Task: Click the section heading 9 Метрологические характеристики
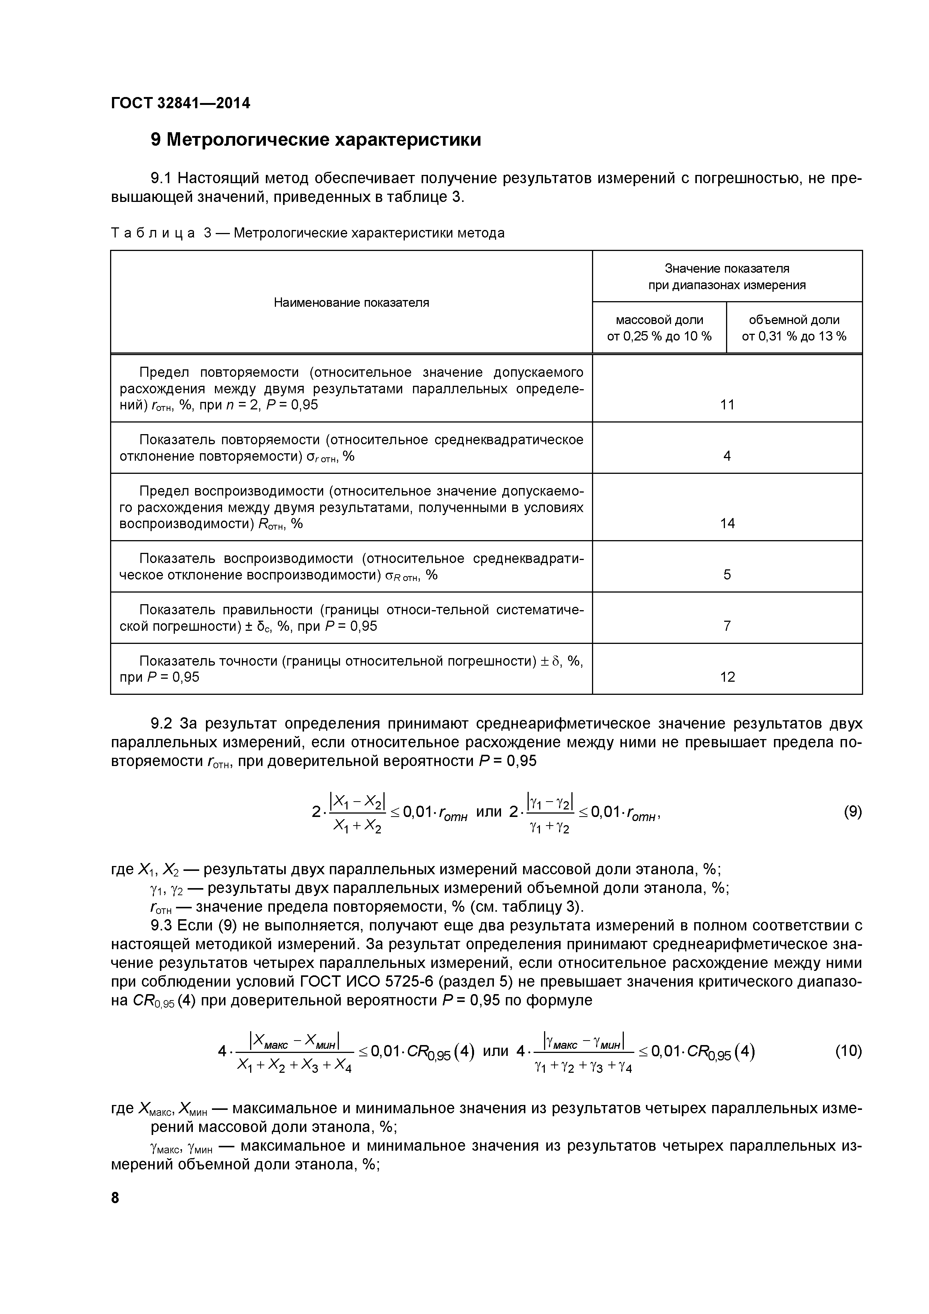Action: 315,140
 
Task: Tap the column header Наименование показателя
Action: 351,302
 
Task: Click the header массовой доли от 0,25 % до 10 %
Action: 659,328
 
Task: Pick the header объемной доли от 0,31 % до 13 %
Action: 794,328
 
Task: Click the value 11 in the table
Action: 727,405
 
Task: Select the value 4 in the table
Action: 727,456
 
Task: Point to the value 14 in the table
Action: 727,523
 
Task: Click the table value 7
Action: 727,626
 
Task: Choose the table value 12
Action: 727,677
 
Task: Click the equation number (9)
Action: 852,812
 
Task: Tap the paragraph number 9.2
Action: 161,724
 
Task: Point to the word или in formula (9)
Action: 489,812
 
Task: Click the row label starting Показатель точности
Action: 351,669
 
